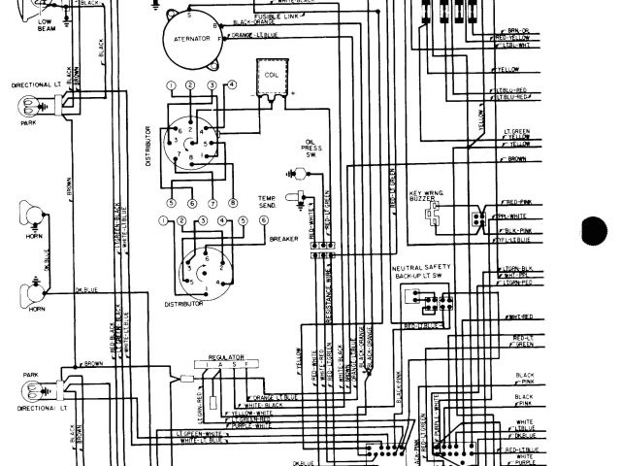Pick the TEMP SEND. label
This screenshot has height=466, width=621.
coord(267,201)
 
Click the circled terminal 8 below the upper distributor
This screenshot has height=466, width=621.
coord(233,203)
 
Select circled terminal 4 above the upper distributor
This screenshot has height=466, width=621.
coord(233,86)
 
